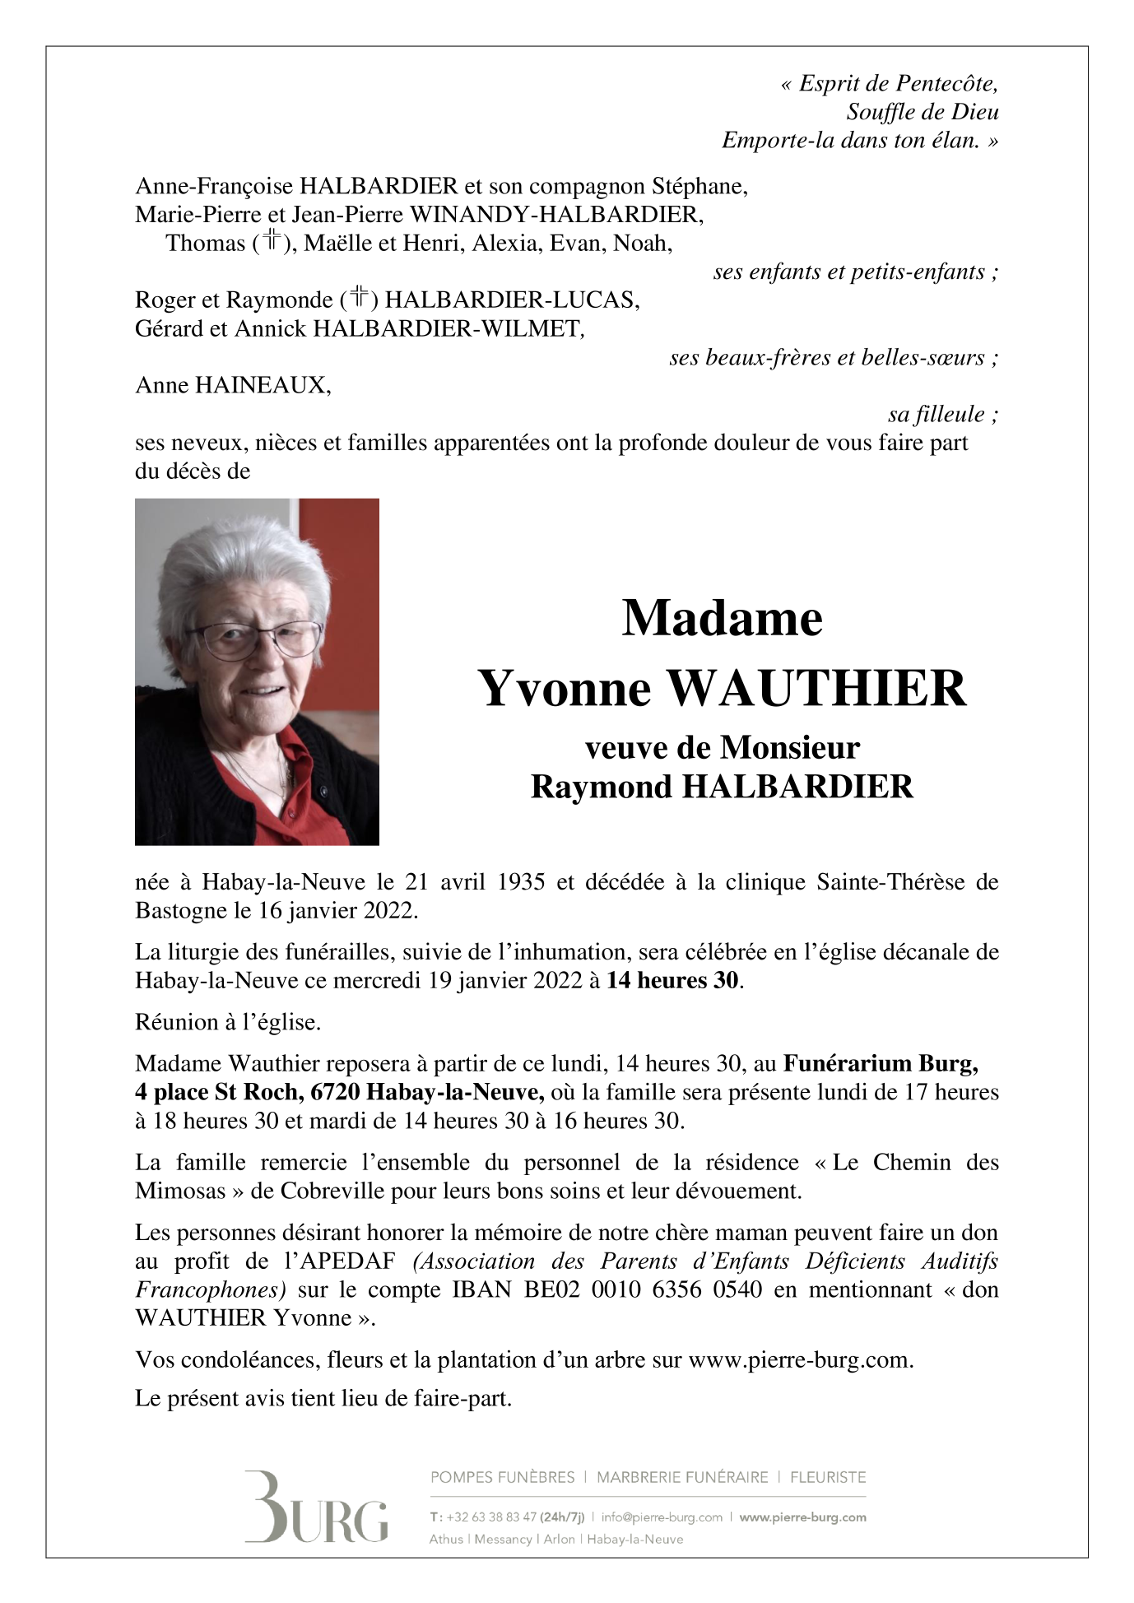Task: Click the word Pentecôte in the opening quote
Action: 946,84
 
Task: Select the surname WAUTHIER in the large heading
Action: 816,689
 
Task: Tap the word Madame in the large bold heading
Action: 722,618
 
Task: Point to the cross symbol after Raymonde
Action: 359,298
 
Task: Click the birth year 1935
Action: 521,882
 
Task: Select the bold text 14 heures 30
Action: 672,980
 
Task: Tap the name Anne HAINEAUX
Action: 233,385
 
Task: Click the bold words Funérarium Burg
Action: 880,1063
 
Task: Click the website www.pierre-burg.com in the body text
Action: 799,1359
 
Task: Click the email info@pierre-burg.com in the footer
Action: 662,1517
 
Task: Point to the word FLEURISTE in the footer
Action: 827,1477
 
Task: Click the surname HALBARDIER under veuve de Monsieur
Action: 797,788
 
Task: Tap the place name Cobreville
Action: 337,1191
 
